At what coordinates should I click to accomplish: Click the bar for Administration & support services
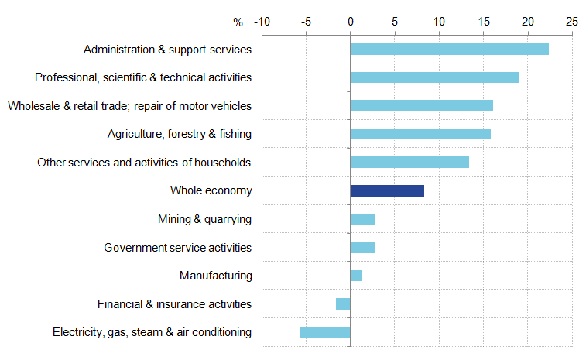(449, 50)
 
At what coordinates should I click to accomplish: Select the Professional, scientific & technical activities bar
(434, 77)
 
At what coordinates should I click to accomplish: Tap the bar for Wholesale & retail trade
(421, 106)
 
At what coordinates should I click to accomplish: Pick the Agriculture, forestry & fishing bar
(420, 134)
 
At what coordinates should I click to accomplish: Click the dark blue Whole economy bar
(387, 191)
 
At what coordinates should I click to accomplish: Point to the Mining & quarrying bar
(362, 219)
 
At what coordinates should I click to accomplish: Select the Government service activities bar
(362, 247)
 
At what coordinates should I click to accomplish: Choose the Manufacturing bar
(356, 276)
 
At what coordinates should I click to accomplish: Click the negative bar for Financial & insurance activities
(343, 304)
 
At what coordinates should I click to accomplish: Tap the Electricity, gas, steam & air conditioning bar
(325, 332)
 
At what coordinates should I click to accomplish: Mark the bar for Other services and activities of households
(410, 163)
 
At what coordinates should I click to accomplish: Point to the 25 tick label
(572, 20)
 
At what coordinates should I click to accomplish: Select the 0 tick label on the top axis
(350, 20)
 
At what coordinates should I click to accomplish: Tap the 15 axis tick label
(483, 20)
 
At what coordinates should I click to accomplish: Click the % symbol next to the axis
(238, 21)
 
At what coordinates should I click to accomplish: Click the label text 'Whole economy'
(211, 190)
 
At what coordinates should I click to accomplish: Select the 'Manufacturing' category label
(215, 276)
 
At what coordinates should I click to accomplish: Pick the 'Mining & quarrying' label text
(204, 219)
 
